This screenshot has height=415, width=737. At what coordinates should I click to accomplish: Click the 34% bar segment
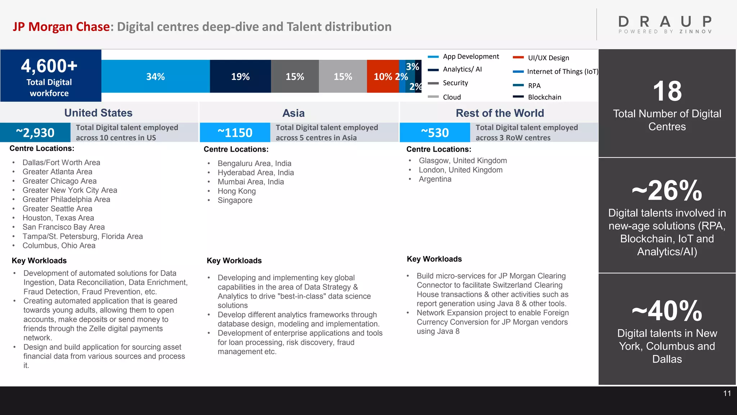155,76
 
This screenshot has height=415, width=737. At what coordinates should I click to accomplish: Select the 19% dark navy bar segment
240,76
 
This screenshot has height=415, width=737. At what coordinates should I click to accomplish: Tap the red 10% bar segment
383,76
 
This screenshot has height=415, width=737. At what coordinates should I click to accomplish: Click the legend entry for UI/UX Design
548,58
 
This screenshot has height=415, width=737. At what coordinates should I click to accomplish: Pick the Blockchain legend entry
544,97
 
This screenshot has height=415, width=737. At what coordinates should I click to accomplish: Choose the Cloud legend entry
452,97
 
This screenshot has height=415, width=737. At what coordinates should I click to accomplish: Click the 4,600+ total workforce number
49,66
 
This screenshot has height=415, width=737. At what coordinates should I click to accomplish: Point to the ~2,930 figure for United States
35,133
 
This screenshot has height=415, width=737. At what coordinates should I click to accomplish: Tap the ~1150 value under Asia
235,133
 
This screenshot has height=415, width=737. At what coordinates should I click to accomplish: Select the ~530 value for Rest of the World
435,133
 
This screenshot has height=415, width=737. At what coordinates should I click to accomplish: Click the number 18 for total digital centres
667,91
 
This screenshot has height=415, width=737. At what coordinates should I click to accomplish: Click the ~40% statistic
667,311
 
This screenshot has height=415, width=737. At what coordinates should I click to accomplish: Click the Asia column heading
293,113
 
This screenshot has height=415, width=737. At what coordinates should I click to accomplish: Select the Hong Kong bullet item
236,191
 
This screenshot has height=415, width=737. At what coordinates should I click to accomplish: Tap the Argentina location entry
435,179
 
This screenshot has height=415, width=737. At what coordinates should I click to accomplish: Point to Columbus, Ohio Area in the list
59,245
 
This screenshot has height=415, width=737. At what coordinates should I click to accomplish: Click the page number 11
727,393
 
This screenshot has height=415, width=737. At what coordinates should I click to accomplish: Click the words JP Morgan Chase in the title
61,27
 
